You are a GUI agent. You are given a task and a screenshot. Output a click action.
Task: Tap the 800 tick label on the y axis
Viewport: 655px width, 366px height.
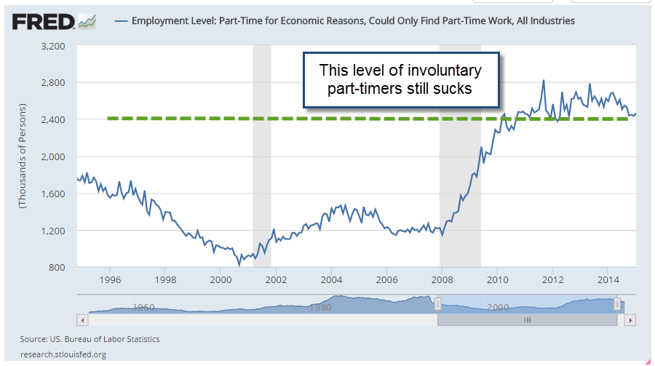[59, 267]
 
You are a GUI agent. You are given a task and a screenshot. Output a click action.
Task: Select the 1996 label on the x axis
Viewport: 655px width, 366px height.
[110, 279]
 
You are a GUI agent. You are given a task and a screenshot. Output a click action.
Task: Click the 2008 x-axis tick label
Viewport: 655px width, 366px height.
[442, 279]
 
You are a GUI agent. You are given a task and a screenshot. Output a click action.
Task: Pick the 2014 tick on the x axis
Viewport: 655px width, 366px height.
[608, 279]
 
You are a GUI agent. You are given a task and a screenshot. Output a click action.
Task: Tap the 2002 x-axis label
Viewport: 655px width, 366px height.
[276, 279]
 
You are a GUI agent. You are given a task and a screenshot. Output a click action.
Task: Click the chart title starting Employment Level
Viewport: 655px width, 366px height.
[353, 21]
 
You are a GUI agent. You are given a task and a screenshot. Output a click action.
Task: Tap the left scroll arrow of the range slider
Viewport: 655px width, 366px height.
[82, 319]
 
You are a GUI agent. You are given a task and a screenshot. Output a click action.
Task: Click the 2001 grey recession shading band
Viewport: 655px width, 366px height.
[261, 156]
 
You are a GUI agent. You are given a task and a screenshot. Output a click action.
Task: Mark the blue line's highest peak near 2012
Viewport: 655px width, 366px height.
[544, 81]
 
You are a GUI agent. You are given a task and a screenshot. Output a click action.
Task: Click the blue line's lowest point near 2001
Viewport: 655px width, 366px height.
[239, 265]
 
